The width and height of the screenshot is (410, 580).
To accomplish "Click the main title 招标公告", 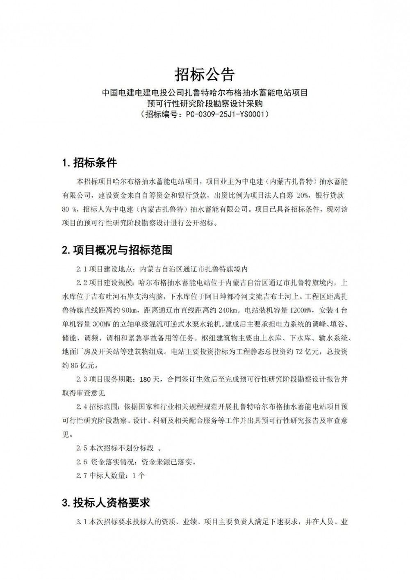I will pyautogui.click(x=205, y=75).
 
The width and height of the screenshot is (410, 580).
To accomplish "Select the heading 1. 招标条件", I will pyautogui.click(x=89, y=163).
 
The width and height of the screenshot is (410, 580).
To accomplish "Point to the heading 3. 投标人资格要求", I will pyautogui.click(x=106, y=502).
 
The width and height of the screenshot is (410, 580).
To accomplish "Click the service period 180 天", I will pyautogui.click(x=152, y=379).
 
